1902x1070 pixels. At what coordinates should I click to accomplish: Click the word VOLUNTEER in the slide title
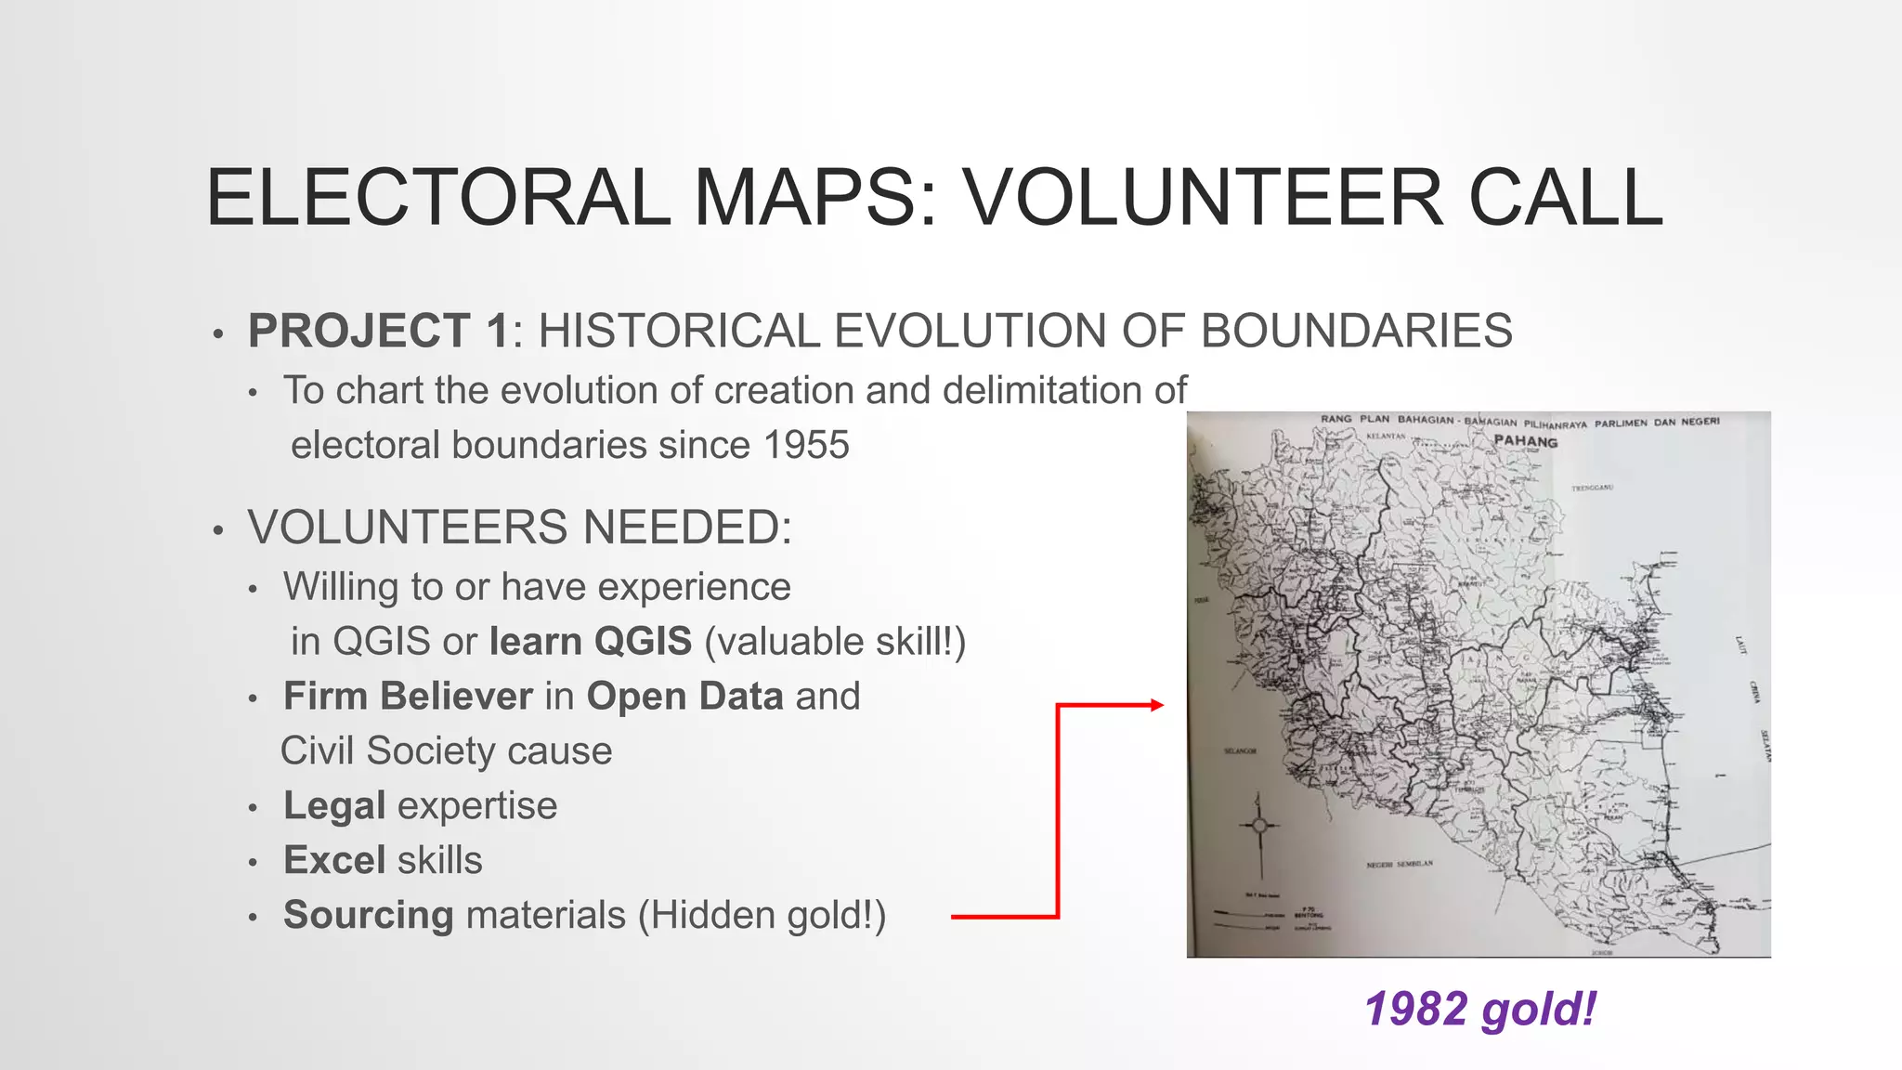click(x=1204, y=198)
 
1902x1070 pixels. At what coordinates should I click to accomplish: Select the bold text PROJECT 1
click(x=379, y=332)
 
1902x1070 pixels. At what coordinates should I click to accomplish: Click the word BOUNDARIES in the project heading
click(x=1356, y=332)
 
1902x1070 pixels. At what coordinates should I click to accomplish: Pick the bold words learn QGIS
click(x=591, y=642)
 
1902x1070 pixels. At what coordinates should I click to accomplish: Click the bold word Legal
click(x=334, y=806)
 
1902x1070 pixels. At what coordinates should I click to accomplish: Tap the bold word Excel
click(x=334, y=861)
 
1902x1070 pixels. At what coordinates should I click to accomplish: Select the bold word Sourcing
click(x=369, y=916)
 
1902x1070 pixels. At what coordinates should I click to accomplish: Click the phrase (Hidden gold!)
click(x=762, y=916)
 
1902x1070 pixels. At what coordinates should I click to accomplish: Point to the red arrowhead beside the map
click(x=1156, y=705)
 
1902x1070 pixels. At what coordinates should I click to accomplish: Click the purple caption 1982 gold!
click(x=1480, y=1010)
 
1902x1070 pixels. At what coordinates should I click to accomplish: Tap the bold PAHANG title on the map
click(x=1525, y=442)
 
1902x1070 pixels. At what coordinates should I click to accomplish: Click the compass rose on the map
click(x=1259, y=826)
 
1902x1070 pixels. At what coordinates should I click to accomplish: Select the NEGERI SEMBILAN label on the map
click(x=1400, y=864)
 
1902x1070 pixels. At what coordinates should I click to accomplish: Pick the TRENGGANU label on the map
click(x=1592, y=488)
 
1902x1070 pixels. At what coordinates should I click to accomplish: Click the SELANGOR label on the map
click(x=1240, y=750)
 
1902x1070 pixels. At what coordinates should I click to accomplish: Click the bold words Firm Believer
click(x=408, y=697)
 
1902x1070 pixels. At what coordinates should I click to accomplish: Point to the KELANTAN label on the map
click(x=1386, y=436)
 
